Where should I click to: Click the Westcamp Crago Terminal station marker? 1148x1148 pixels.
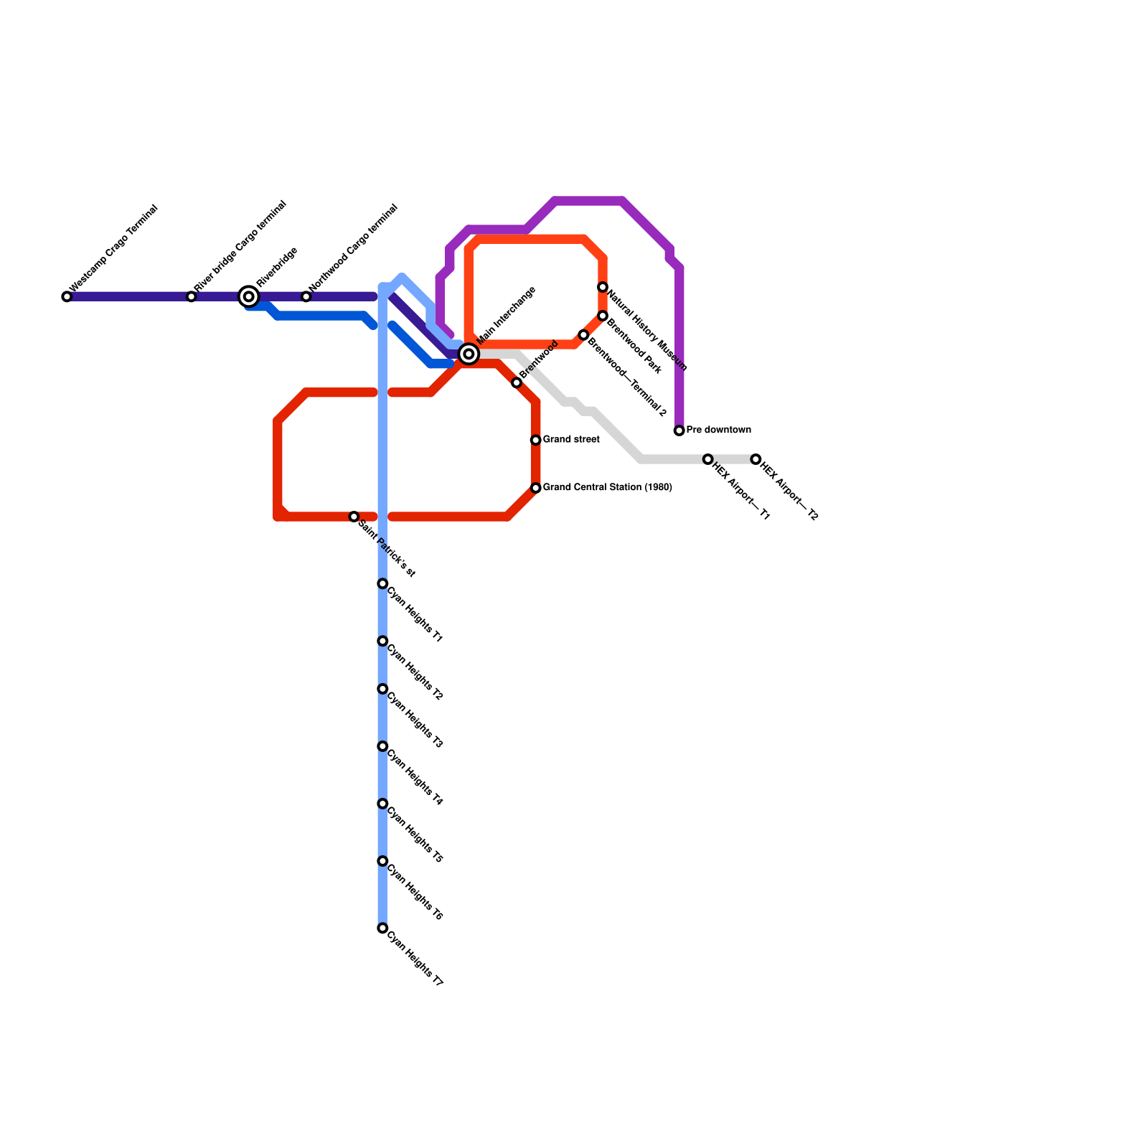pyautogui.click(x=67, y=296)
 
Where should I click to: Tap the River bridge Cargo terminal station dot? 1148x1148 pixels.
pyautogui.click(x=192, y=296)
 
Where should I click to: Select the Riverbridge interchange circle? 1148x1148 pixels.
pyautogui.click(x=249, y=296)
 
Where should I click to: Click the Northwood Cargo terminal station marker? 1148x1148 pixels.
pyautogui.click(x=306, y=296)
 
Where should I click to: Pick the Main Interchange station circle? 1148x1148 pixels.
pyautogui.click(x=469, y=354)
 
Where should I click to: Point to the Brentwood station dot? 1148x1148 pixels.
pyautogui.click(x=517, y=383)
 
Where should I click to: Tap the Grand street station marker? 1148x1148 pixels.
pyautogui.click(x=536, y=440)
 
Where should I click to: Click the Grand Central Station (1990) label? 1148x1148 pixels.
pyautogui.click(x=607, y=488)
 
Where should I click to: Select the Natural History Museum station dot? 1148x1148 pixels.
pyautogui.click(x=603, y=288)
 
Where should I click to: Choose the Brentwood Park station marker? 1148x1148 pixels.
pyautogui.click(x=603, y=316)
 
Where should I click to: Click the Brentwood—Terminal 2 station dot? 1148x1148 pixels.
pyautogui.click(x=583, y=336)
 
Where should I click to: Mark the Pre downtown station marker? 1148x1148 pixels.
pyautogui.click(x=679, y=430)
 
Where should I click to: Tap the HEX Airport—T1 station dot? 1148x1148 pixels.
pyautogui.click(x=708, y=459)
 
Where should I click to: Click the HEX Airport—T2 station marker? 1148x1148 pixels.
pyautogui.click(x=756, y=459)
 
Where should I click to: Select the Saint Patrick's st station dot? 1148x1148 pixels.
pyautogui.click(x=354, y=517)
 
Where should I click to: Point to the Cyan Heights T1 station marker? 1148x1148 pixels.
pyautogui.click(x=382, y=584)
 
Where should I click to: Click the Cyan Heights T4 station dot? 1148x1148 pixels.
pyautogui.click(x=382, y=747)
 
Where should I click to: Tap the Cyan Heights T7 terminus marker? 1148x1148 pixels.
pyautogui.click(x=382, y=928)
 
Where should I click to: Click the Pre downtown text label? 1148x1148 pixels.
pyautogui.click(x=718, y=430)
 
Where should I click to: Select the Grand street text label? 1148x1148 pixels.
pyautogui.click(x=571, y=440)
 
